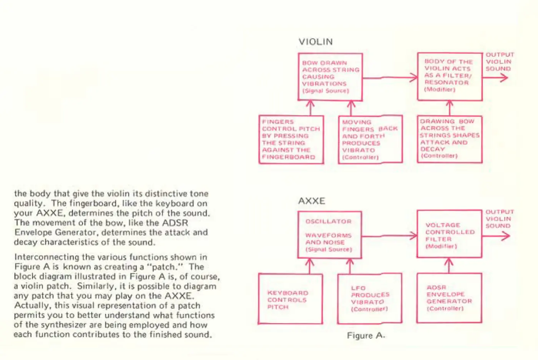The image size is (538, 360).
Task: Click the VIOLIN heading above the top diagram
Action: pyautogui.click(x=315, y=42)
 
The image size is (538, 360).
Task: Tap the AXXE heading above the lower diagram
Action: pyautogui.click(x=311, y=201)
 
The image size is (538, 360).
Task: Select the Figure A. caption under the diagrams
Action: pyautogui.click(x=365, y=336)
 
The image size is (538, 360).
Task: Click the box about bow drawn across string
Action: pyautogui.click(x=330, y=77)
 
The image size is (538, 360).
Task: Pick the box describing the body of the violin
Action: pyautogui.click(x=450, y=76)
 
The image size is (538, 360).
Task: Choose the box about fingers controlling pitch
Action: pyautogui.click(x=291, y=140)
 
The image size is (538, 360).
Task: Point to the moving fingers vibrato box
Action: pyautogui.click(x=370, y=140)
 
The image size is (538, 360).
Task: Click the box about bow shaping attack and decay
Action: pyautogui.click(x=449, y=139)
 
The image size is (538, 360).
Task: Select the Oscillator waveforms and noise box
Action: pyautogui.click(x=329, y=235)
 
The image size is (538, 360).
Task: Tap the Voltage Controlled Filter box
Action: pyautogui.click(x=449, y=234)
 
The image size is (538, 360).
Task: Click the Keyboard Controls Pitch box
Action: pyautogui.click(x=290, y=299)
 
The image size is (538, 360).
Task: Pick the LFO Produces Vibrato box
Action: pyautogui.click(x=369, y=299)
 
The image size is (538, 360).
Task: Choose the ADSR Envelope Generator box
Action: pyautogui.click(x=449, y=298)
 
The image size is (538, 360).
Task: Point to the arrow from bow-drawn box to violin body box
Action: pyautogui.click(x=390, y=78)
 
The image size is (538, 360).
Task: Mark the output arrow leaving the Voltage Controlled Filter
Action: pyautogui.click(x=496, y=236)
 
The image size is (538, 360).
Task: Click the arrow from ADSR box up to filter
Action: pyautogui.click(x=448, y=265)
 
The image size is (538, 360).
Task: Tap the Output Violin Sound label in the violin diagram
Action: pyautogui.click(x=499, y=62)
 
